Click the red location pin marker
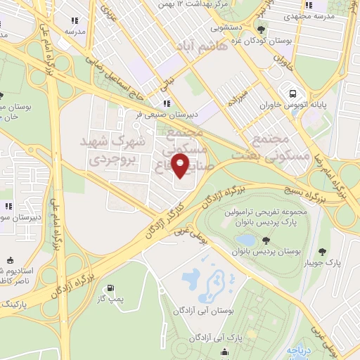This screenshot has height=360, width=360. coord(181,167)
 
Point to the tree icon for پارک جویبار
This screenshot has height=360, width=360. coord(323,252)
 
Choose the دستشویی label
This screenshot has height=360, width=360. coord(225,30)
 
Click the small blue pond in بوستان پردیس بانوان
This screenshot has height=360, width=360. coord(245,241)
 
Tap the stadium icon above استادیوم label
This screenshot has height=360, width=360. coord(9,259)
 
